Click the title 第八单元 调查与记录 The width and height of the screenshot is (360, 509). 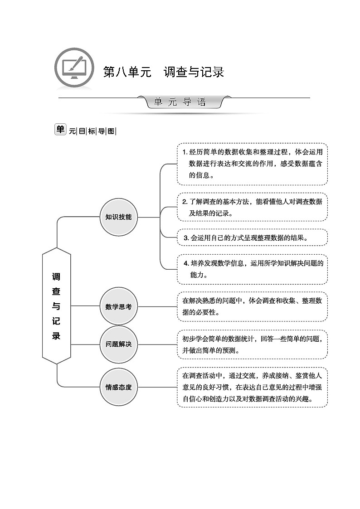[163, 72]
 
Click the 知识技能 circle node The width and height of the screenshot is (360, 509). [118, 217]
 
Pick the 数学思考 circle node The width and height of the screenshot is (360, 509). [118, 306]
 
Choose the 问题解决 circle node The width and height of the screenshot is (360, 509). [118, 344]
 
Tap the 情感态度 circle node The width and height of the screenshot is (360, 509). [118, 387]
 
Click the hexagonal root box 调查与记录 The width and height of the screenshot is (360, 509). [56, 306]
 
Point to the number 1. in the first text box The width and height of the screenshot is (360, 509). [185, 152]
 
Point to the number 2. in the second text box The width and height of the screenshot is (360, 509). [185, 202]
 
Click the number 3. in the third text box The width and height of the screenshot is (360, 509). [186, 238]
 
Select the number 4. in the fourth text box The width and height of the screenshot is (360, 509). [186, 263]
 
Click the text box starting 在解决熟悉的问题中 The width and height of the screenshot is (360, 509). [252, 306]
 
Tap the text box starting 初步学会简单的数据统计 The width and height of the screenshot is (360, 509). [252, 344]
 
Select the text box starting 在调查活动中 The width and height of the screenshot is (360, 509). [252, 388]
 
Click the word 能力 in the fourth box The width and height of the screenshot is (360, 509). [199, 275]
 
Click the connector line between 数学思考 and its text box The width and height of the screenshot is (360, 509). [157, 306]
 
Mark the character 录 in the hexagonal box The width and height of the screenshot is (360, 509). [56, 336]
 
